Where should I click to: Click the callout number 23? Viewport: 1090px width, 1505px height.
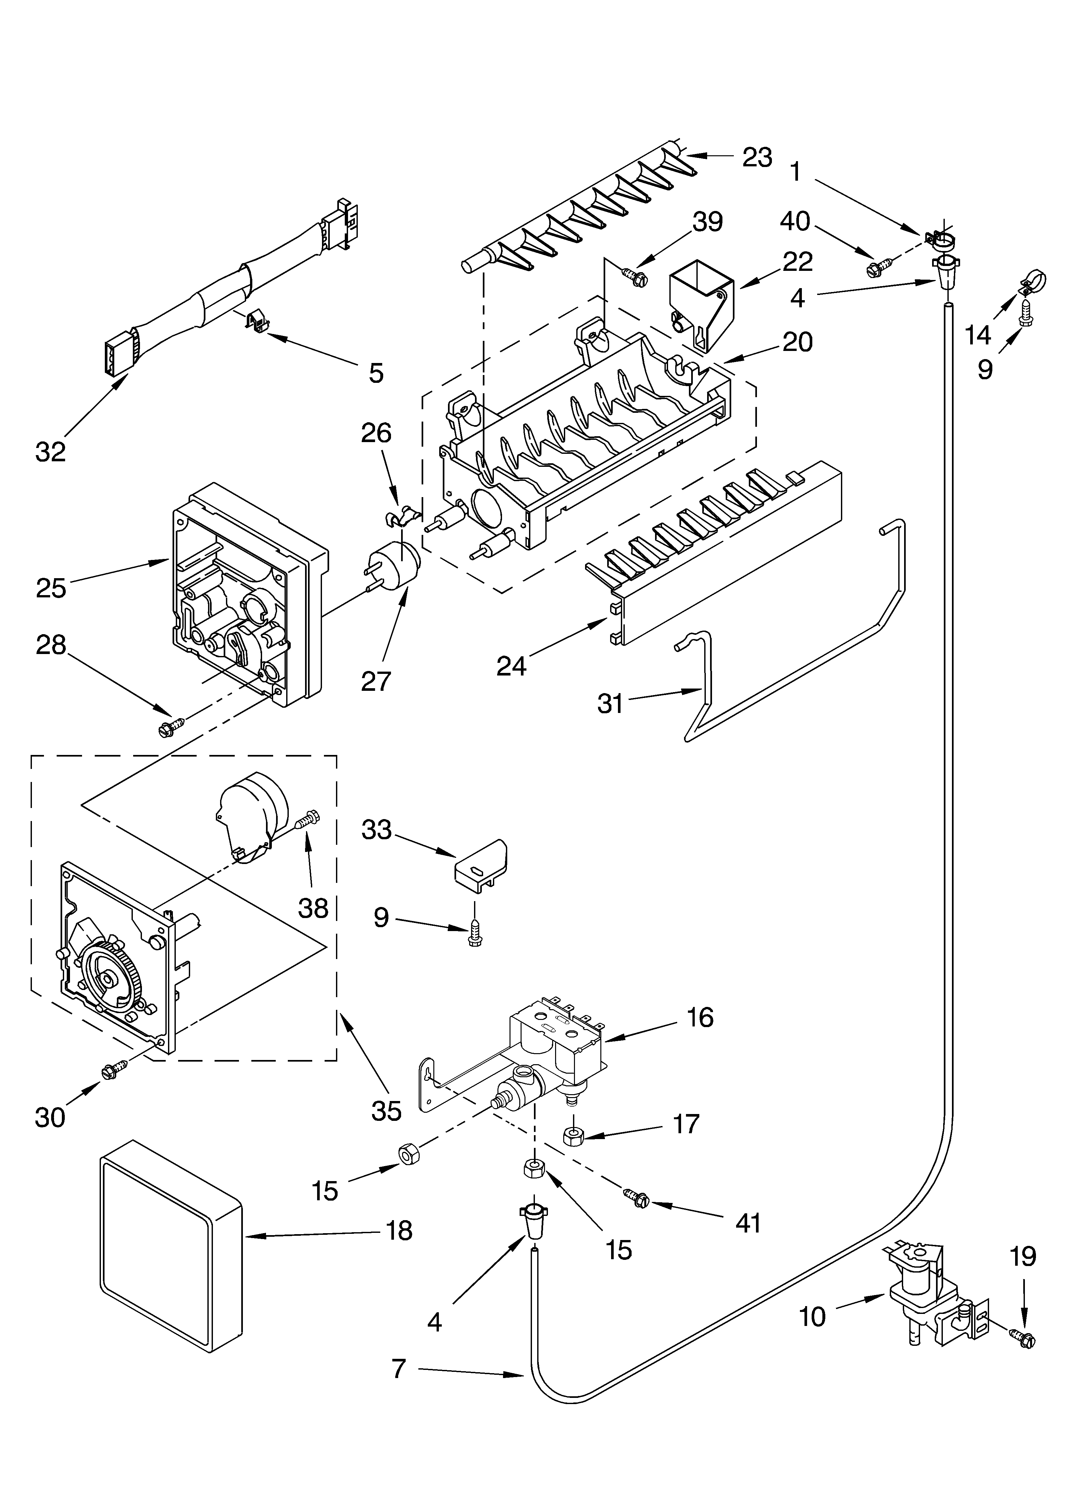coord(757,157)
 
